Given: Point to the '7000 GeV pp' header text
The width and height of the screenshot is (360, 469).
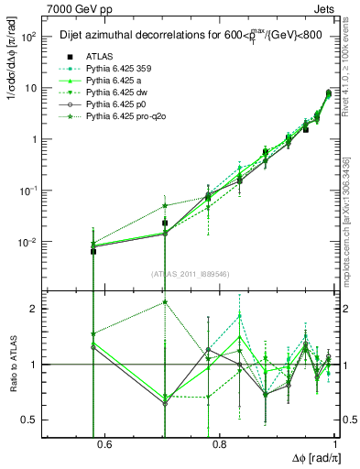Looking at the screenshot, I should (x=73, y=10).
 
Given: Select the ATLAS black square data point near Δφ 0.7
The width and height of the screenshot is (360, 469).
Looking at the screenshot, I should (x=165, y=223).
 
